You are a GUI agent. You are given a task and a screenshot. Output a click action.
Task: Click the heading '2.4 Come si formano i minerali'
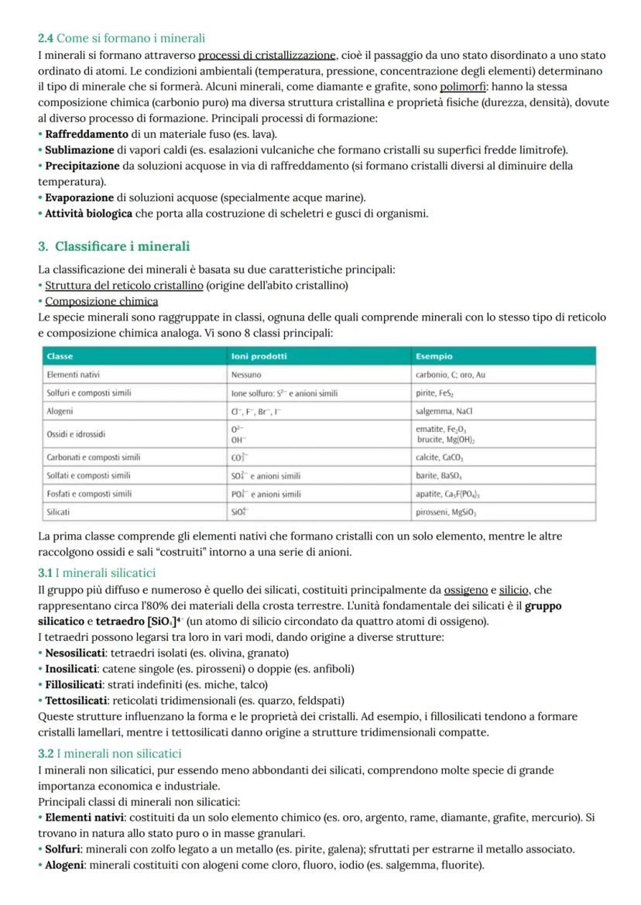(122, 38)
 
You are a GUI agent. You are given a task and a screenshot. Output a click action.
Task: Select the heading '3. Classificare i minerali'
(114, 246)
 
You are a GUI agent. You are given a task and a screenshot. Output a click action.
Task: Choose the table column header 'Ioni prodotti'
(259, 356)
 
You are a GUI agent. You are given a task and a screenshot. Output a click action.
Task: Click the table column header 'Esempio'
(434, 356)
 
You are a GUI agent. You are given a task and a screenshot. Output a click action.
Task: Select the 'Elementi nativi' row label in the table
(74, 375)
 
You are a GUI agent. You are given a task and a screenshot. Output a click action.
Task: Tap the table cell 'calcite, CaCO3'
(446, 457)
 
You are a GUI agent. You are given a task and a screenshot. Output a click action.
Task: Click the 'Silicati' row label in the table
(60, 512)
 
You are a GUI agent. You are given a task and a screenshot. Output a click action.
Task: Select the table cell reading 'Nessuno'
(248, 375)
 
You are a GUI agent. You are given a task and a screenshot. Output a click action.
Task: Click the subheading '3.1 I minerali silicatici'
(97, 573)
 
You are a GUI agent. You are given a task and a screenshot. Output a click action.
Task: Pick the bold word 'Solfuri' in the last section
(66, 849)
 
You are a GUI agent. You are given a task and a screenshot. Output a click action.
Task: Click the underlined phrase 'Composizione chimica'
(101, 301)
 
